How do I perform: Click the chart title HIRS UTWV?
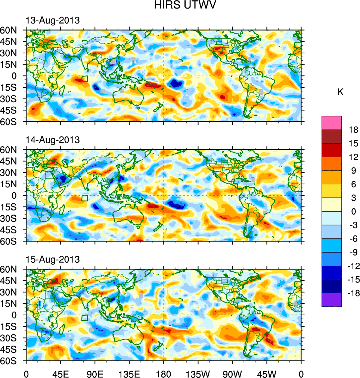pos(180,5)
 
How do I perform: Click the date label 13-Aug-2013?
pos(52,21)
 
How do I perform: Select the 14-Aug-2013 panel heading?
pos(52,140)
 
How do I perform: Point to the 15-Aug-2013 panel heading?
pos(52,259)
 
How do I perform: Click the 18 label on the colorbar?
pos(353,130)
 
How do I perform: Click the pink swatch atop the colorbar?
pos(332,122)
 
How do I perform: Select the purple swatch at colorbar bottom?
pos(332,300)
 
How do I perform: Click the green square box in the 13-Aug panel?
pos(84,78)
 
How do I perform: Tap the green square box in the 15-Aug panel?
pos(84,318)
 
